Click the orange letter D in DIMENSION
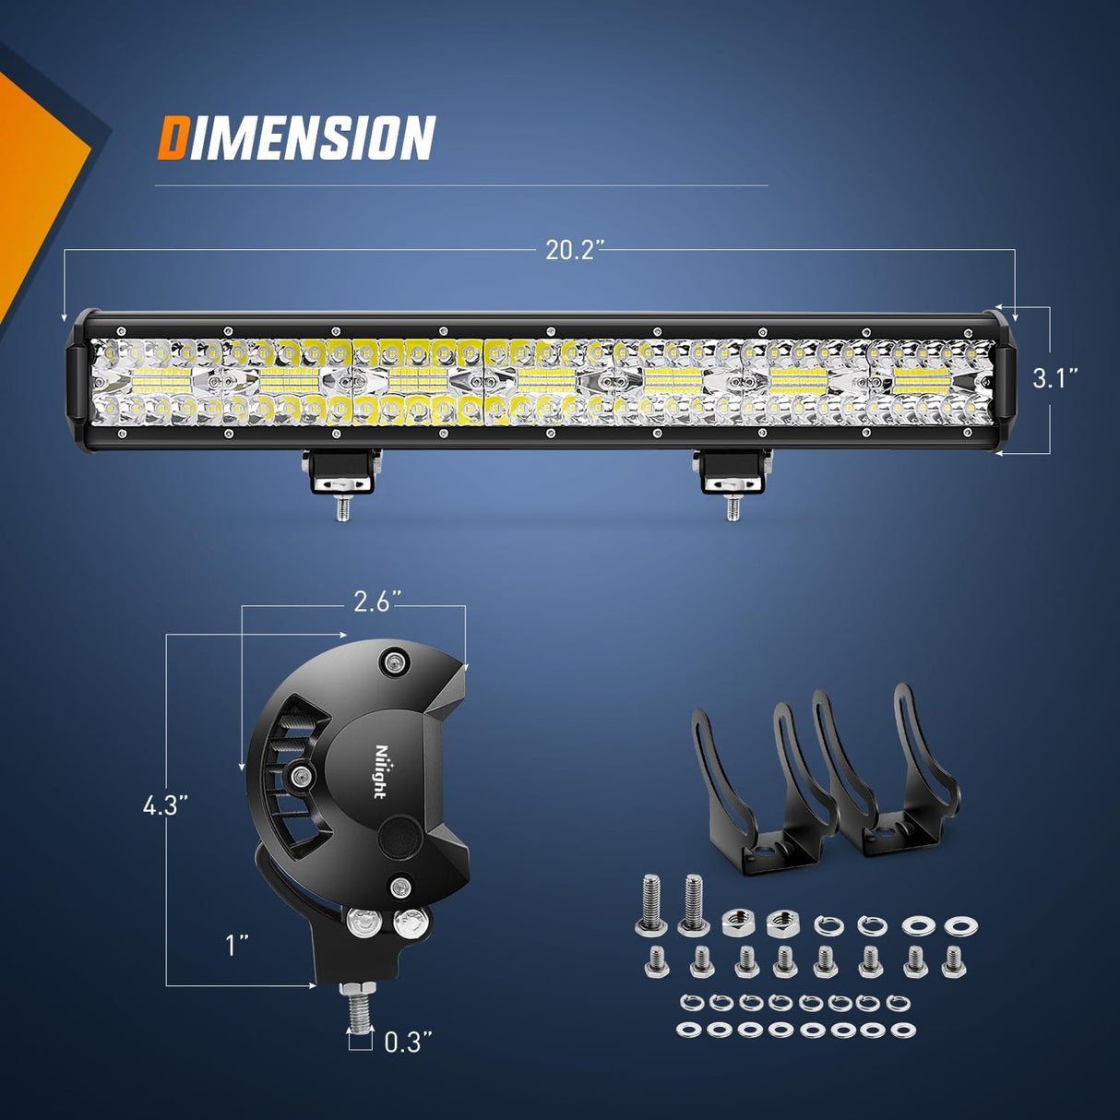pyautogui.click(x=173, y=138)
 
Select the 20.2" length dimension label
pyautogui.click(x=574, y=249)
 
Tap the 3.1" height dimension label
pyautogui.click(x=1054, y=378)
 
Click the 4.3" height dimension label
pyautogui.click(x=166, y=804)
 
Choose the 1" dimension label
pyautogui.click(x=238, y=945)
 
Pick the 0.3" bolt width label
pyautogui.click(x=408, y=1043)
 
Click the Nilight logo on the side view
pyautogui.click(x=380, y=771)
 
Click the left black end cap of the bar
pyautogui.click(x=78, y=380)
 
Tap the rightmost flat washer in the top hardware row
pyautogui.click(x=961, y=925)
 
